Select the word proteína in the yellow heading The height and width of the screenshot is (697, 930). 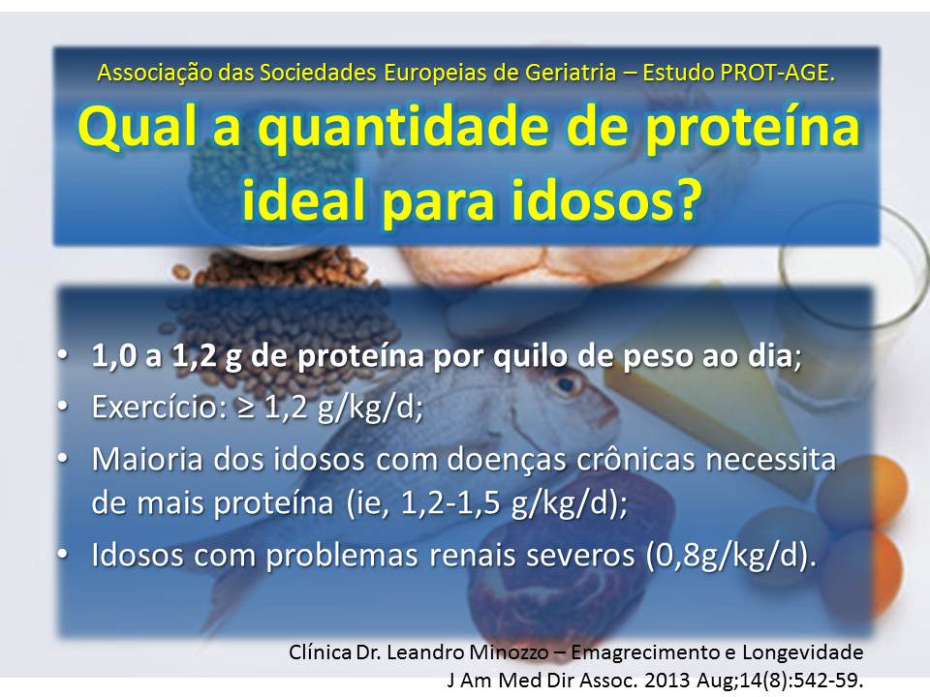tap(752, 129)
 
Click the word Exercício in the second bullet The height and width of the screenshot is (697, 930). tap(155, 407)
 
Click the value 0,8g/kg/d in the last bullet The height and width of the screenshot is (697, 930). tap(723, 556)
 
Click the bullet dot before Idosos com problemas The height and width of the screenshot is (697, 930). tap(62, 555)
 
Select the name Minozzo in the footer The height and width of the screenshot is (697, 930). tap(509, 652)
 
